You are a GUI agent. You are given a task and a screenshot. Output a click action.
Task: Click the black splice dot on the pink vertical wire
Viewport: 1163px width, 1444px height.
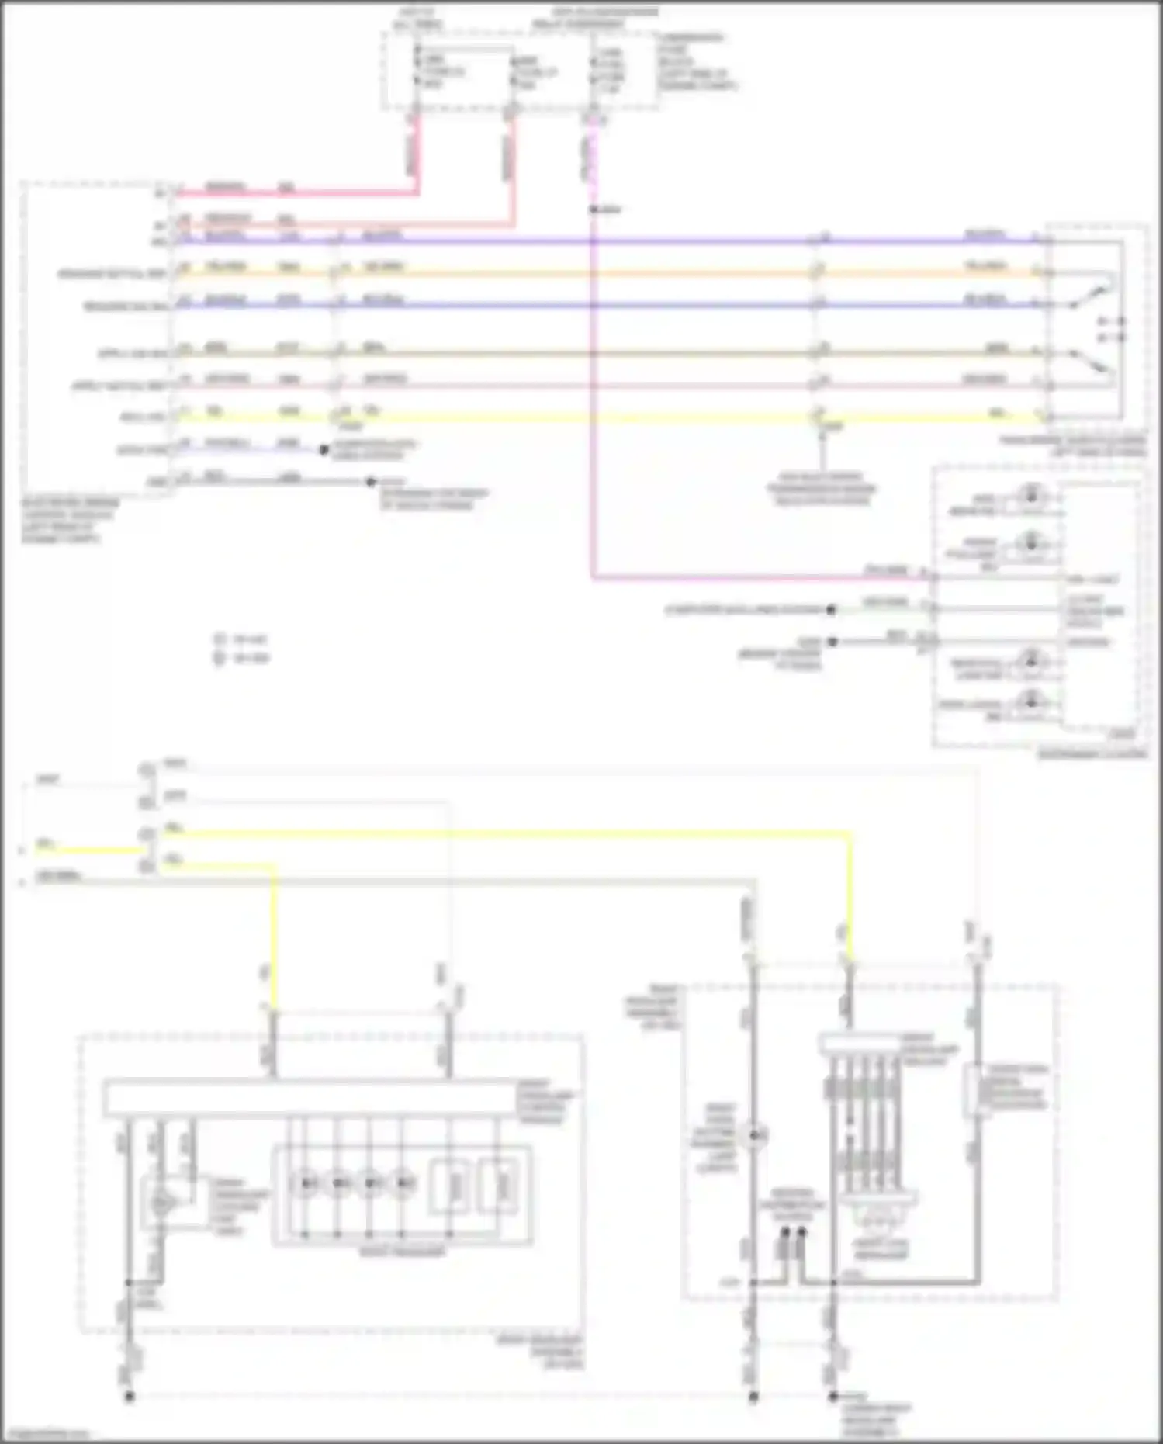click(593, 210)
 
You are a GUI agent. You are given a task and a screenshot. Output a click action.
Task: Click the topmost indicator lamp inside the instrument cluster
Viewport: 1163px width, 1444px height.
click(1031, 494)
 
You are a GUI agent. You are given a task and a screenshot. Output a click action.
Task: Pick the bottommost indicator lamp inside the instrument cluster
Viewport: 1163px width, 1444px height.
click(1031, 701)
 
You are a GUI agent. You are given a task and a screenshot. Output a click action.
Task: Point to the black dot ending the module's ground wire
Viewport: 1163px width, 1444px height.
click(371, 482)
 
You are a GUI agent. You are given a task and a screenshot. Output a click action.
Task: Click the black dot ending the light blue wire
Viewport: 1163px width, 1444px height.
click(324, 449)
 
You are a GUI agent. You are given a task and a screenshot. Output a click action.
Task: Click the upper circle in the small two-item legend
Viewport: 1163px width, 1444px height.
click(220, 639)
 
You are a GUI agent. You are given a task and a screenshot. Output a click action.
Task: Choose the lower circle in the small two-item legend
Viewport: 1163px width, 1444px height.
click(220, 658)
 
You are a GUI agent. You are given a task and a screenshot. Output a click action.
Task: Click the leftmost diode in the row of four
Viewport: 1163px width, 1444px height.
click(304, 1183)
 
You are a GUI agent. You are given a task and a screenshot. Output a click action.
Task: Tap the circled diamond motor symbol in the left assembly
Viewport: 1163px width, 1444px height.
click(161, 1203)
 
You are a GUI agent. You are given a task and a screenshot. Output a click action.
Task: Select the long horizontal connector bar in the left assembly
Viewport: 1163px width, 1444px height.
click(310, 1097)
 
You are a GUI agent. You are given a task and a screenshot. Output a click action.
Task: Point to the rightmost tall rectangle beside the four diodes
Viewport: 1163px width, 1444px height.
click(496, 1186)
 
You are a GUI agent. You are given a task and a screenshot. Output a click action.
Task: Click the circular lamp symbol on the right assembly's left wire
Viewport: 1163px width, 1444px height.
click(753, 1137)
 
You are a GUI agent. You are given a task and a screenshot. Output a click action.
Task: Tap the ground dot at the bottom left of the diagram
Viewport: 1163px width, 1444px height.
click(130, 1396)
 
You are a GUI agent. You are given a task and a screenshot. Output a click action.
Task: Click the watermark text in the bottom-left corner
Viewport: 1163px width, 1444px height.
click(47, 1434)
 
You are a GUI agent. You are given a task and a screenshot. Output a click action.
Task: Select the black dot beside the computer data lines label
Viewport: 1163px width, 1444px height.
click(831, 610)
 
